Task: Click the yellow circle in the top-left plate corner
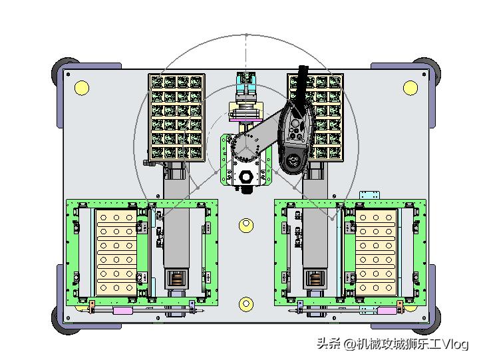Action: (82, 88)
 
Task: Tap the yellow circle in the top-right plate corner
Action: (410, 88)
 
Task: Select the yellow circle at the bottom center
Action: (246, 303)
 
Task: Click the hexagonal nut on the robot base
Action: (245, 176)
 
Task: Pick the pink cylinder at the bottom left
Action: (123, 311)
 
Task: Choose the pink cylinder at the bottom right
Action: (387, 311)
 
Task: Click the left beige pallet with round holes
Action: (116, 252)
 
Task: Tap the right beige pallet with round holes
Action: (376, 252)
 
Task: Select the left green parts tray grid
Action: (176, 117)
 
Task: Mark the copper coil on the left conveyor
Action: (176, 279)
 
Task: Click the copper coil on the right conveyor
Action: (315, 279)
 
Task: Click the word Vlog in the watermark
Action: (456, 344)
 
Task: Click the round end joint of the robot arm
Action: (292, 160)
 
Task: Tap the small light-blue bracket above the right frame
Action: (370, 195)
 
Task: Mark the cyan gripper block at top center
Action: (246, 83)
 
